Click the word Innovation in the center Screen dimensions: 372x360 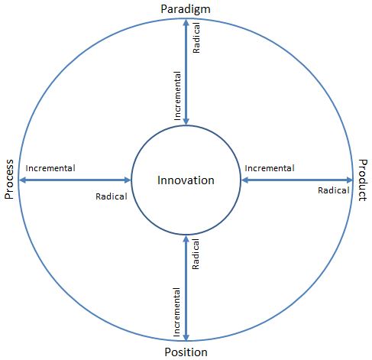point(186,180)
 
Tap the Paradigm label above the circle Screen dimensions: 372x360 point(186,10)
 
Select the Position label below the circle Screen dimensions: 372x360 point(186,352)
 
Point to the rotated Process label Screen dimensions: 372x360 point(9,179)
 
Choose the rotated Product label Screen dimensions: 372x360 point(363,180)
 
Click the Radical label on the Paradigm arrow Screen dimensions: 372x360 point(196,37)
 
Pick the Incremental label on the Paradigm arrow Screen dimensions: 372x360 point(177,96)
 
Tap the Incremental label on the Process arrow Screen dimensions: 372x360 point(50,168)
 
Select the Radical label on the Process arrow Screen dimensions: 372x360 point(112,196)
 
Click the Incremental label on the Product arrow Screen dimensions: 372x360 point(270,168)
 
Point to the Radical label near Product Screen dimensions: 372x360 point(334,190)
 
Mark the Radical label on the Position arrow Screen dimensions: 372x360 point(196,254)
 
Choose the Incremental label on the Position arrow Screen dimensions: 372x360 point(176,312)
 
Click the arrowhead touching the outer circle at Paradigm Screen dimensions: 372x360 point(186,22)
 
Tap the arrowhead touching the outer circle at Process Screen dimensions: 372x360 point(22,180)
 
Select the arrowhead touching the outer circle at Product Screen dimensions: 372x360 point(350,180)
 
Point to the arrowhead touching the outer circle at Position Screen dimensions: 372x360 point(186,337)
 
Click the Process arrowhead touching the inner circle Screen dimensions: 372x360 point(128,180)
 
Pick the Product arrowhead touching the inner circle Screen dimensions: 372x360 point(244,180)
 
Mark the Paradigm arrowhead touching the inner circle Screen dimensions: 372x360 point(186,122)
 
